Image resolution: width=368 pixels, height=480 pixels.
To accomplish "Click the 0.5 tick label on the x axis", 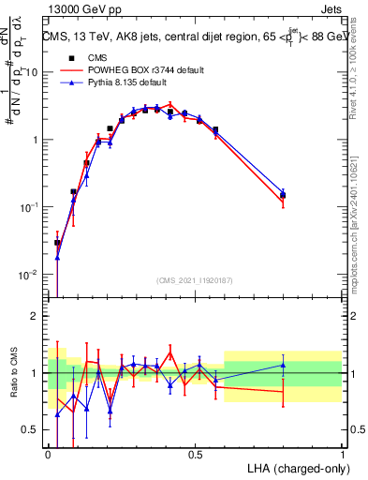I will click(x=195, y=453).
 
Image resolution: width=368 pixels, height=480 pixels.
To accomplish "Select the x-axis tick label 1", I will click(x=343, y=453).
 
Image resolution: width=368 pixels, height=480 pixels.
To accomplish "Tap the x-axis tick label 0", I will click(x=48, y=453).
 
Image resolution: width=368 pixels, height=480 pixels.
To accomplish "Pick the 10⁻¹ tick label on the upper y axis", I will click(x=27, y=207).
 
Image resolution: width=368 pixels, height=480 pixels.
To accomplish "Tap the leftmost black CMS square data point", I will click(x=57, y=243).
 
